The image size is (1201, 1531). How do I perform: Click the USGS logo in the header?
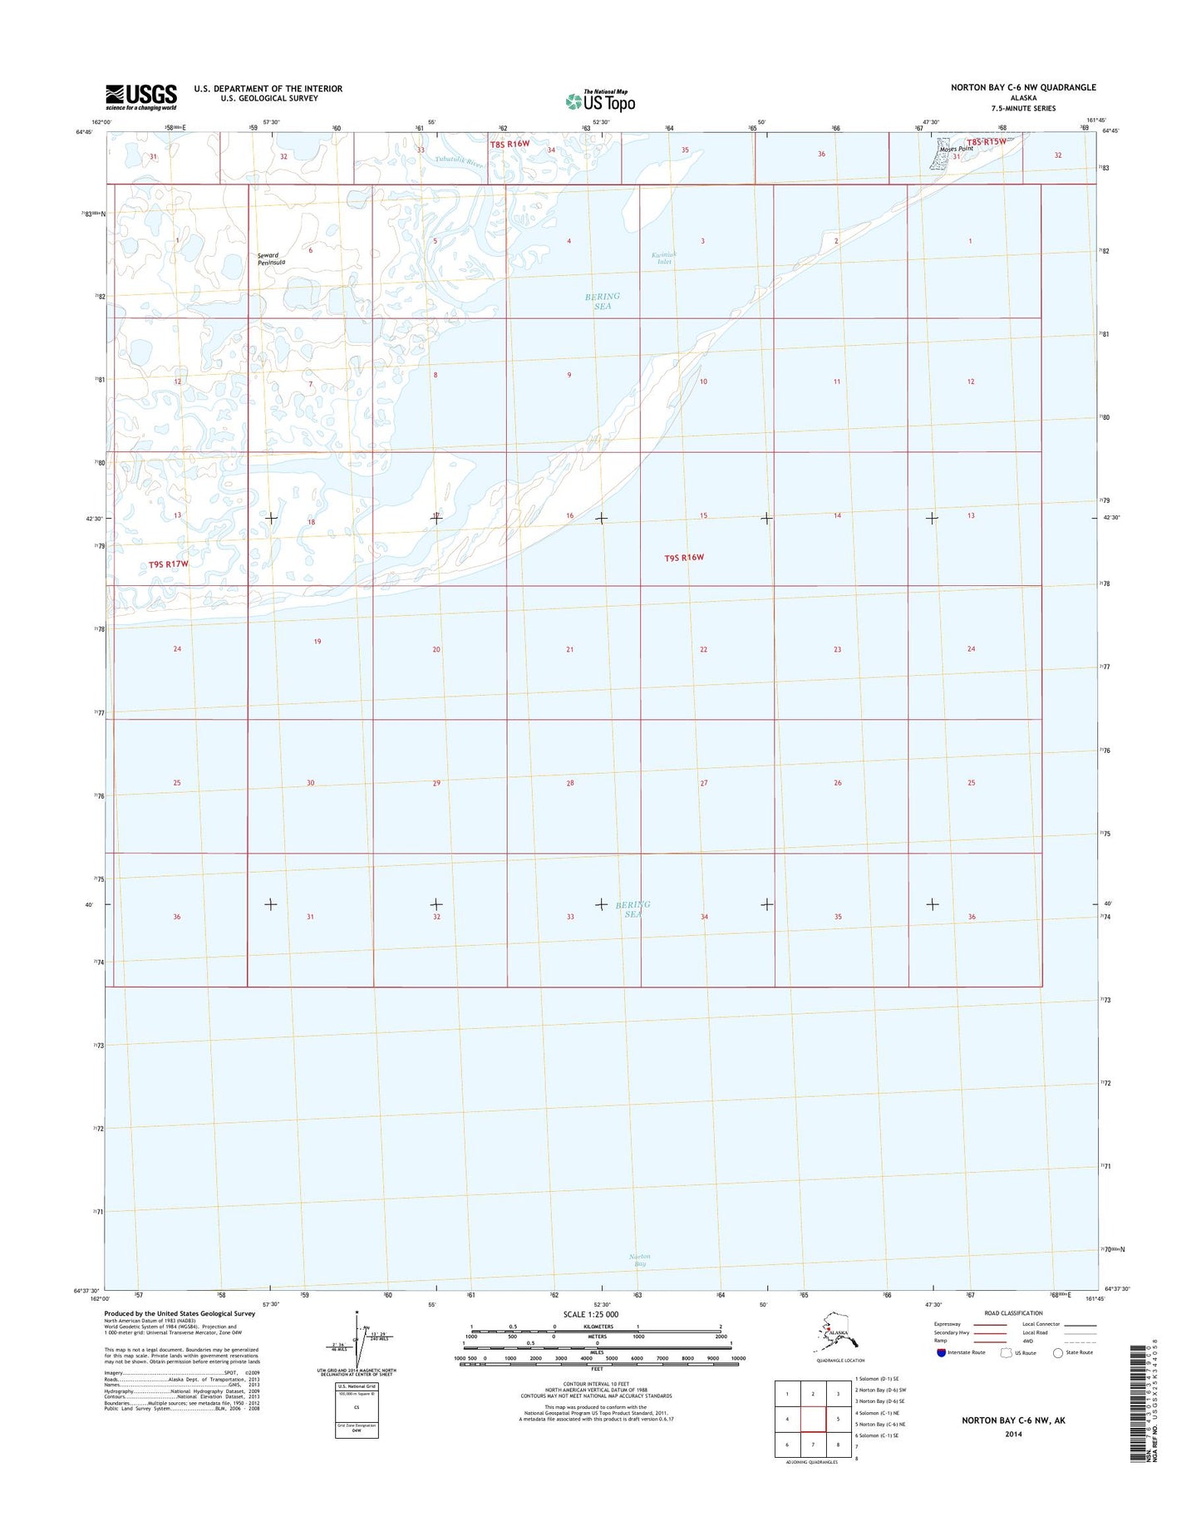click(140, 96)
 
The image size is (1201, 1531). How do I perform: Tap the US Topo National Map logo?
click(600, 101)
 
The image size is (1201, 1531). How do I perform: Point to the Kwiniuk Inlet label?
click(663, 258)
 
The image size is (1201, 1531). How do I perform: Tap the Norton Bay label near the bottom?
click(639, 1260)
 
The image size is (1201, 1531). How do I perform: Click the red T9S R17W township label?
click(169, 564)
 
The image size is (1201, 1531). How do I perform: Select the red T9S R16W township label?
click(683, 558)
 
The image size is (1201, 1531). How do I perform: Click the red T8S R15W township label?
click(986, 142)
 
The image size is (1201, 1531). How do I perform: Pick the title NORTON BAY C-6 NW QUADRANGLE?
click(1023, 87)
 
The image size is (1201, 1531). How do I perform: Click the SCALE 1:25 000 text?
click(591, 1314)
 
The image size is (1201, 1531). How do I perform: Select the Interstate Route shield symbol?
click(940, 1352)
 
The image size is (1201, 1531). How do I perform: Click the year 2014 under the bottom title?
click(1013, 1434)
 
